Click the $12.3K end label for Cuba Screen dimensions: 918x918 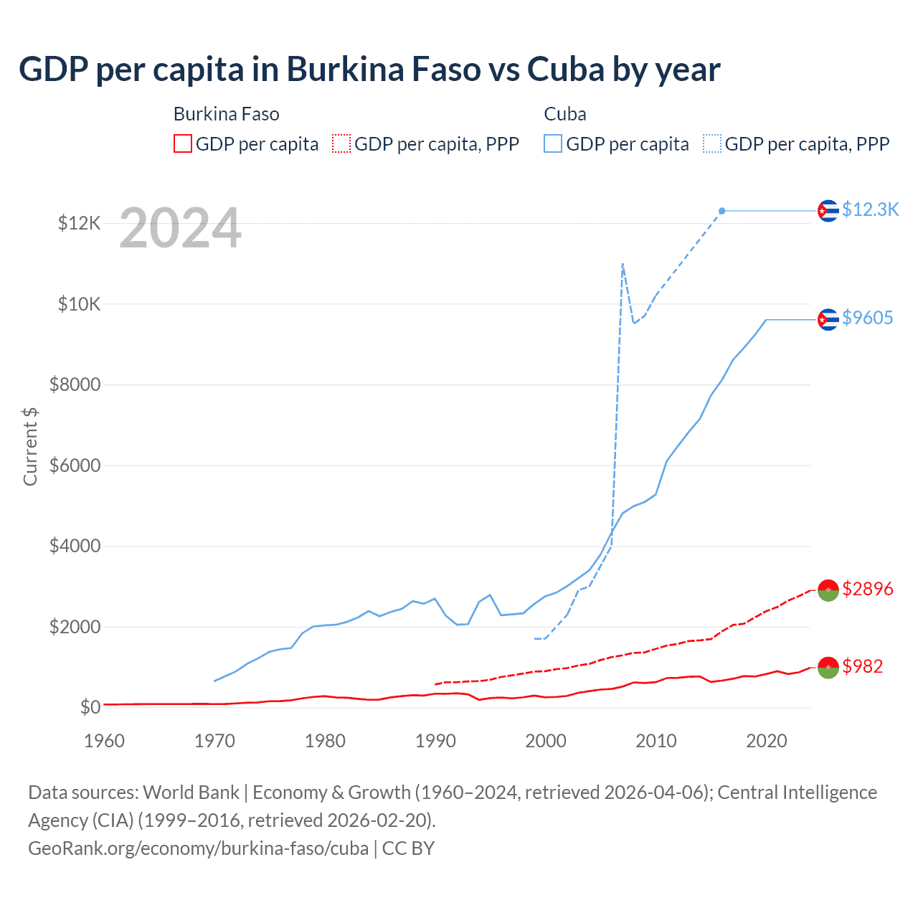tap(870, 209)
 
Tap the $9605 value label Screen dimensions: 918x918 tap(867, 318)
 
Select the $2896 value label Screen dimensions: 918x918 tap(867, 589)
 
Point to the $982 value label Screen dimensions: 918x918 tap(862, 666)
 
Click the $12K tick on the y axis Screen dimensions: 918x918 tap(79, 223)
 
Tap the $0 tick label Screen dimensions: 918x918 tap(90, 707)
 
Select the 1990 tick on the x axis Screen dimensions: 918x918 tap(435, 741)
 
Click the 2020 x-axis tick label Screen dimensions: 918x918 tap(766, 741)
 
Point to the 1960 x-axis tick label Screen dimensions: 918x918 tap(105, 741)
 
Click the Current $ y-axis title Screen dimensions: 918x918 tap(30, 446)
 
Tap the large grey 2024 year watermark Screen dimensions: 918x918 tap(180, 228)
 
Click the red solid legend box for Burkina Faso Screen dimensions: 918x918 tap(183, 144)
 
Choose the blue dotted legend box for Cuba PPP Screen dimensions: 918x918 tap(712, 144)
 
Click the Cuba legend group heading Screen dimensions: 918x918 tap(565, 114)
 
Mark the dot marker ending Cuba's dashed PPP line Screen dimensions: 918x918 tap(722, 211)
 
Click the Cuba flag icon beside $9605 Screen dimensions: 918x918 tap(828, 319)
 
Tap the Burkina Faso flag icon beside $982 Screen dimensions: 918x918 tap(828, 667)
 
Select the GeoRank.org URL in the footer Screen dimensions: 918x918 tap(198, 848)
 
